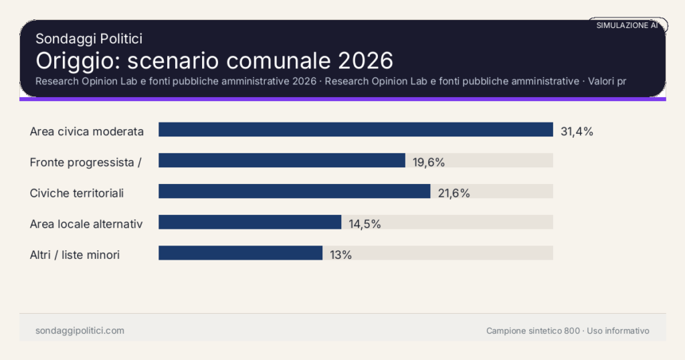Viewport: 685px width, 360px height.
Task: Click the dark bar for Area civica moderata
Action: click(x=355, y=130)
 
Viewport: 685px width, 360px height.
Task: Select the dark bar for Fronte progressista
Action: click(x=282, y=161)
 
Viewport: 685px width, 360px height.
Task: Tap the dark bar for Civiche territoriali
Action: click(x=294, y=191)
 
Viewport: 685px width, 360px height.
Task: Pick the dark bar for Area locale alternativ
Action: click(x=250, y=222)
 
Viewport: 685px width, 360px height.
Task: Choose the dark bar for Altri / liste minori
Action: click(x=240, y=253)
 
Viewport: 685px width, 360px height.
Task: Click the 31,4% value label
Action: click(x=577, y=131)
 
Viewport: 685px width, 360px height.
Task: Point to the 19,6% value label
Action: click(x=429, y=162)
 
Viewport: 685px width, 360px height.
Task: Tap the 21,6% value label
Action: click(x=454, y=193)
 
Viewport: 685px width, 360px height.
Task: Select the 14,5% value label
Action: click(x=365, y=224)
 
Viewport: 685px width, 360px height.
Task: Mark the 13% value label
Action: click(x=340, y=255)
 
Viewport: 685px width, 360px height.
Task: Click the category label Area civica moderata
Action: click(x=87, y=131)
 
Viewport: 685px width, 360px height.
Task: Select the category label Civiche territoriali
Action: click(x=77, y=193)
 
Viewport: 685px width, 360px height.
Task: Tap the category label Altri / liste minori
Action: click(x=75, y=255)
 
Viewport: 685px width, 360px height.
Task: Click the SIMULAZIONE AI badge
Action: click(x=627, y=25)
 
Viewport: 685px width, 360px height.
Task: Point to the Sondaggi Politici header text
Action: click(x=88, y=39)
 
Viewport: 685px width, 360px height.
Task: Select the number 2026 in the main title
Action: click(x=365, y=61)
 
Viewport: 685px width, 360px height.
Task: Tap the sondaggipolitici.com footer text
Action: click(x=80, y=331)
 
